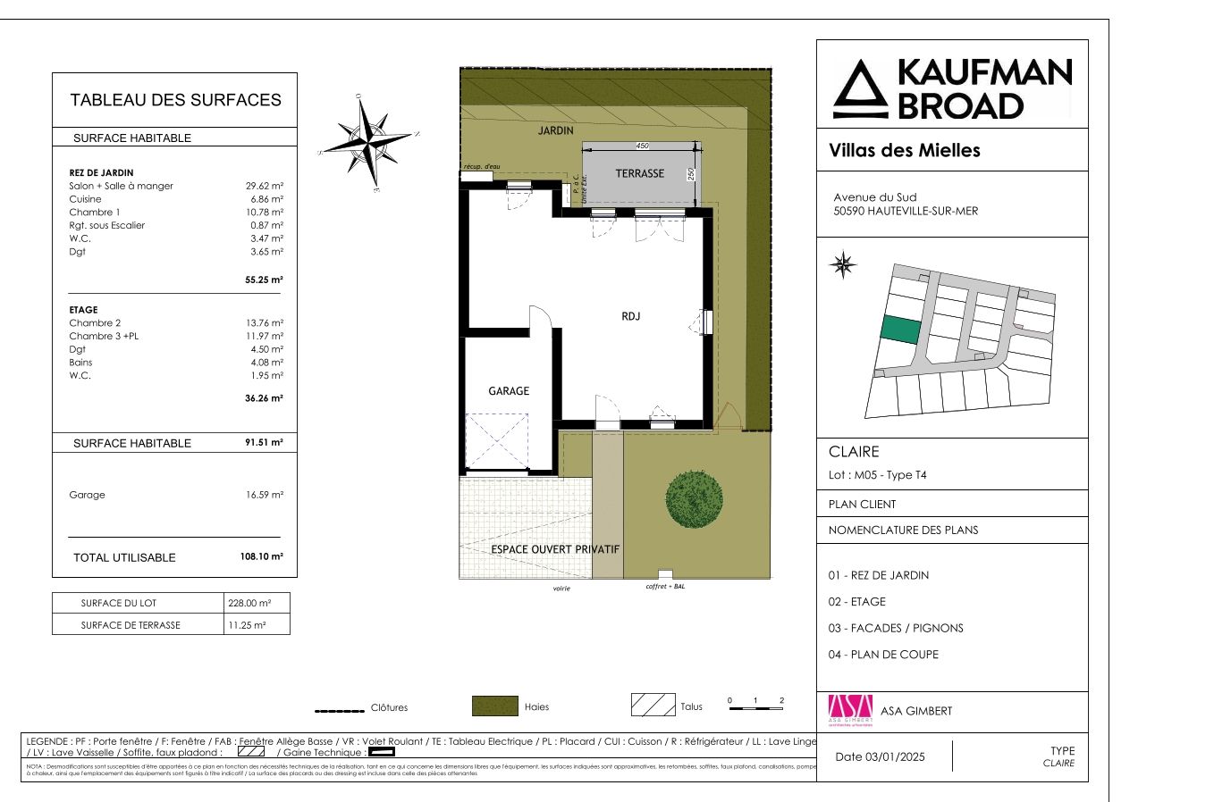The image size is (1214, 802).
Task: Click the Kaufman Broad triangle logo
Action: click(861, 89)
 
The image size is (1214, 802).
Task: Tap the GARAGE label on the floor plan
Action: click(509, 391)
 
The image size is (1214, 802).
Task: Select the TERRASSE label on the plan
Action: click(639, 173)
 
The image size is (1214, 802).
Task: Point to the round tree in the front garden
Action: click(694, 499)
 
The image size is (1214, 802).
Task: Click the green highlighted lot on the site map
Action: click(900, 330)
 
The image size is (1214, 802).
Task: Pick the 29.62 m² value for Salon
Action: click(265, 186)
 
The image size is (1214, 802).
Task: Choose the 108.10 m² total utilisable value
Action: click(261, 556)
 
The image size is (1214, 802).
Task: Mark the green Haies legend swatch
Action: click(494, 706)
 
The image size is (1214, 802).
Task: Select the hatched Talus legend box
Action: click(653, 706)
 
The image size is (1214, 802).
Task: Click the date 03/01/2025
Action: click(880, 756)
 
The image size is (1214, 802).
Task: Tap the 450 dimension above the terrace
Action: click(642, 146)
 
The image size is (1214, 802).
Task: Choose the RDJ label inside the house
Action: click(631, 316)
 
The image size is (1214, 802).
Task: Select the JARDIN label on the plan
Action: click(555, 130)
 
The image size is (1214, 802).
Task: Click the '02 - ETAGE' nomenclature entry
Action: click(856, 601)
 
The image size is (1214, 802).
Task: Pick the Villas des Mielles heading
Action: click(905, 150)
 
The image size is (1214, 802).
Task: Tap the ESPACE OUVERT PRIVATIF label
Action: click(555, 549)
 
